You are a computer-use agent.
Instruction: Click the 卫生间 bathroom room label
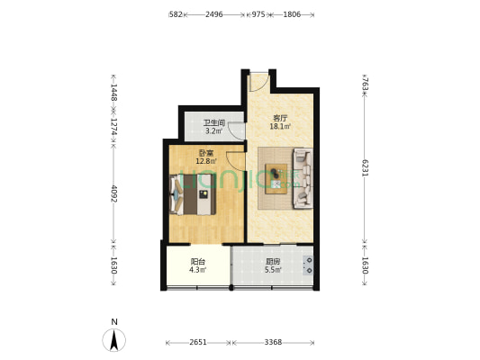(x=213, y=123)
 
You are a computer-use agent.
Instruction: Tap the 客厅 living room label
(x=281, y=117)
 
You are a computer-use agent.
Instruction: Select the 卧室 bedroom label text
(x=207, y=154)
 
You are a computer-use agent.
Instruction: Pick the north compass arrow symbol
(x=113, y=339)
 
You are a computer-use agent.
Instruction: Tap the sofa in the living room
(x=302, y=178)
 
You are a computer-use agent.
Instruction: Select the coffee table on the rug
(x=274, y=179)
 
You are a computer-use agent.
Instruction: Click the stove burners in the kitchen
(x=309, y=265)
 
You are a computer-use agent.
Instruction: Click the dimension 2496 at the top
(x=214, y=14)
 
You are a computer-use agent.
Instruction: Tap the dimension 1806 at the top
(x=292, y=14)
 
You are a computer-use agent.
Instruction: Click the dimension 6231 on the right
(x=365, y=168)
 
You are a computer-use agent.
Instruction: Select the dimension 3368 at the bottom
(x=273, y=342)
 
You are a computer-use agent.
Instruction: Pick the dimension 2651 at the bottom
(x=199, y=342)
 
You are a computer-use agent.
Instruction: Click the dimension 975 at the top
(x=258, y=14)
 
